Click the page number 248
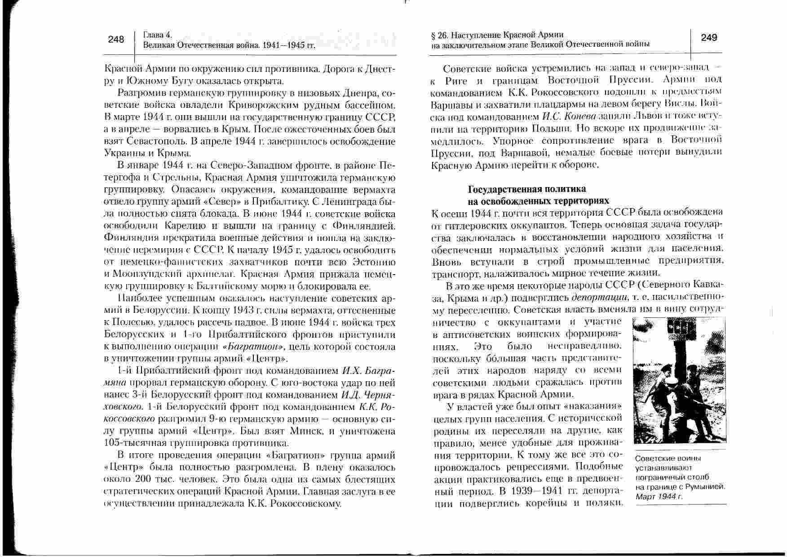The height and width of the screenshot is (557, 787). (116, 40)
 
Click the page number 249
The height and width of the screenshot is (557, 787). (709, 37)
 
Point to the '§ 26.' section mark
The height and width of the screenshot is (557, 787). (439, 35)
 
